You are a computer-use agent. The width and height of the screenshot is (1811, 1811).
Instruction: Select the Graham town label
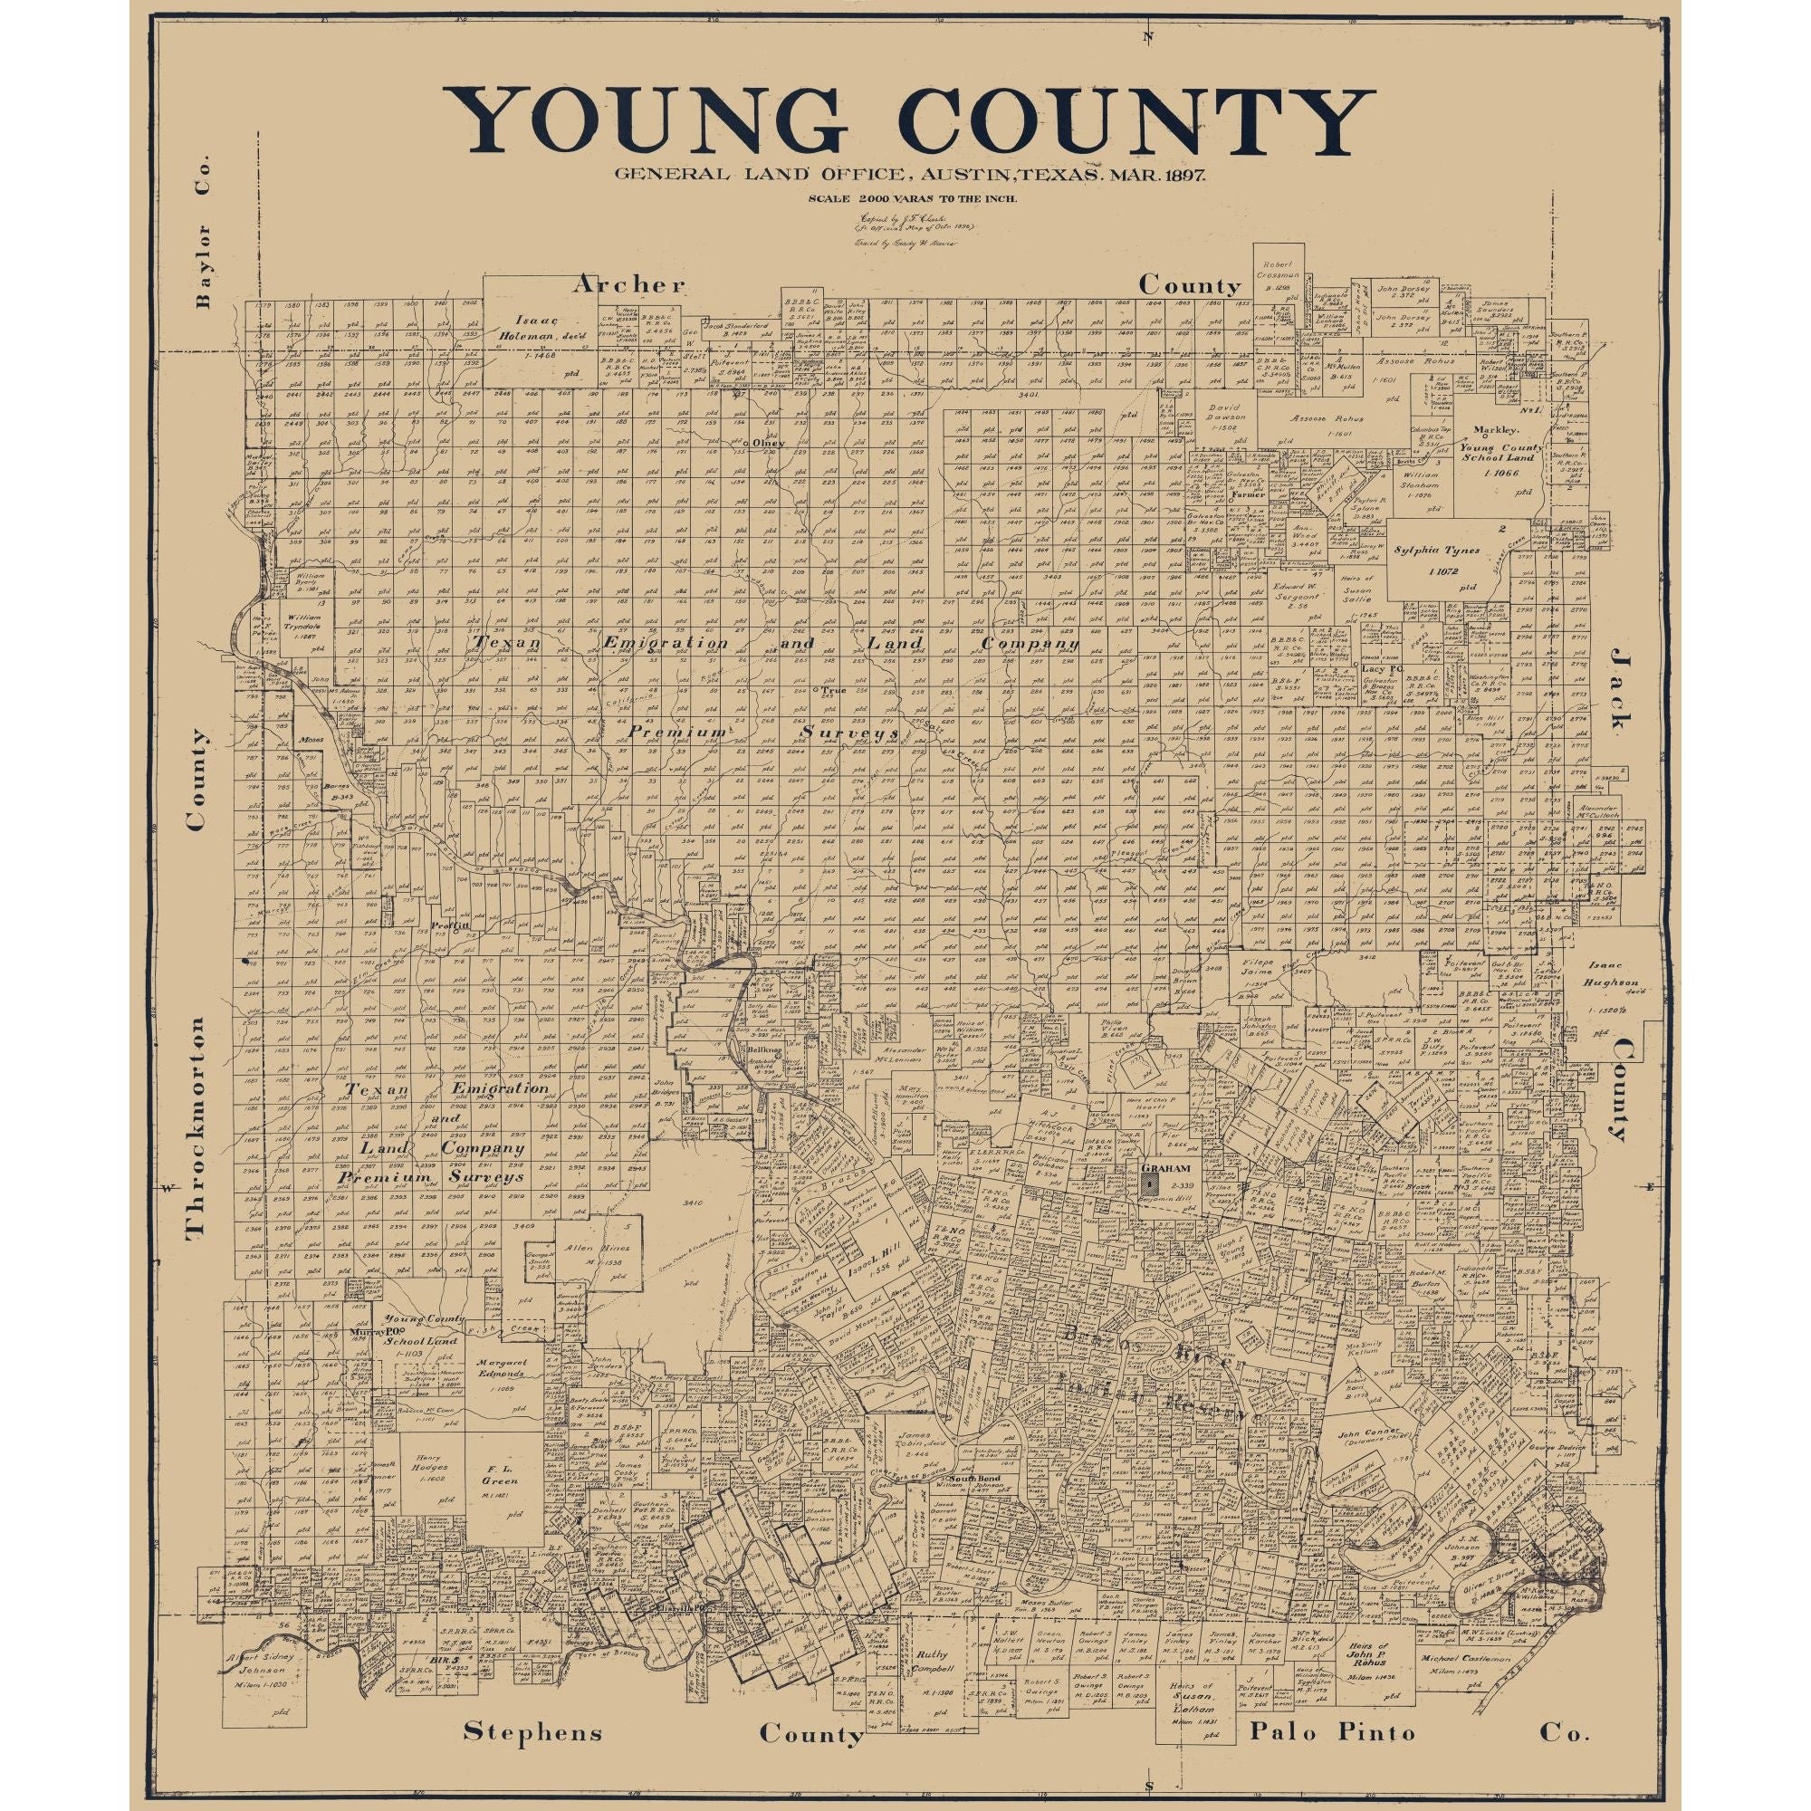click(1165, 1169)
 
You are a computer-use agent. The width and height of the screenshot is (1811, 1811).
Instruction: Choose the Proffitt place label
click(448, 925)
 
